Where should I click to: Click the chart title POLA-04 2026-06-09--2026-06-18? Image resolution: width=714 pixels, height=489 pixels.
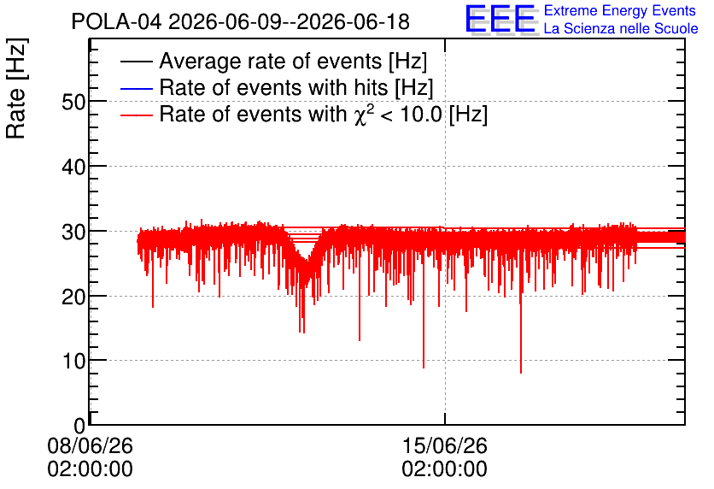point(241,22)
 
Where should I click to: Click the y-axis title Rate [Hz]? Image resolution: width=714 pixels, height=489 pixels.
point(16,88)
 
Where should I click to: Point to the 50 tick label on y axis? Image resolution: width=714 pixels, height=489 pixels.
point(73,102)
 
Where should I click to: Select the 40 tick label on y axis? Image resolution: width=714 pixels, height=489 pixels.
point(73,167)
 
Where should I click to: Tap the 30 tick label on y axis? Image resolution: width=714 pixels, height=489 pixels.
point(73,232)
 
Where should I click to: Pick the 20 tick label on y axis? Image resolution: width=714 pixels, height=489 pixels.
point(73,297)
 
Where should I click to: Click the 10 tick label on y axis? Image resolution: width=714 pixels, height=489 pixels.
point(73,362)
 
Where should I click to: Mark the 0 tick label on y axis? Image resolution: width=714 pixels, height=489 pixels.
point(79,426)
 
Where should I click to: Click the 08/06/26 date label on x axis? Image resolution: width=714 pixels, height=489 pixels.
point(91,445)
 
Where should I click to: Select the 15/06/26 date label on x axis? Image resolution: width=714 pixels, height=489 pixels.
point(444,445)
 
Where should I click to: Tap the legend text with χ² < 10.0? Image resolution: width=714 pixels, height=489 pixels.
point(324,114)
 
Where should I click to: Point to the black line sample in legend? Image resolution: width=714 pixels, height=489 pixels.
point(136,62)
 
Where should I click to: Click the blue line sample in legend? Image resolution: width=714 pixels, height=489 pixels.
point(136,88)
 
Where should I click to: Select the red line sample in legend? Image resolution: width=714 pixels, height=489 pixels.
point(136,115)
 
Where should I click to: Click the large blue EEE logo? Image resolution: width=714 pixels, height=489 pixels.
point(500,19)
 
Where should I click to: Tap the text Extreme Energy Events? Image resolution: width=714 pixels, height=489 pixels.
point(620,10)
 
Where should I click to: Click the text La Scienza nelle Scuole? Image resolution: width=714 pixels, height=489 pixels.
point(621,29)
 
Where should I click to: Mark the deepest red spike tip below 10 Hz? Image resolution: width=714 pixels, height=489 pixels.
point(521,373)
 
